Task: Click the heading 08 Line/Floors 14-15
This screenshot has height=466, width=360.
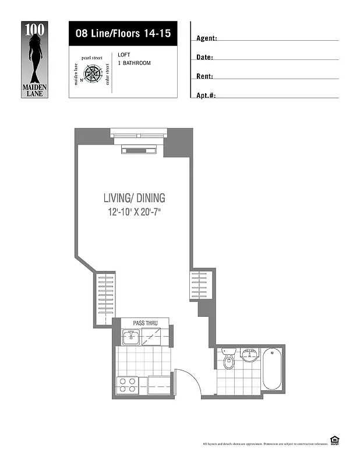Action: [x=122, y=34]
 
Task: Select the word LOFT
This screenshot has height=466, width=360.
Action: [x=124, y=55]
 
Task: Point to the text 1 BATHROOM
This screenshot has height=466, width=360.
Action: [x=134, y=63]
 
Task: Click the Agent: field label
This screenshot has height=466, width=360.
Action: [x=207, y=38]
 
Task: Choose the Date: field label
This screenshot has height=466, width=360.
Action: [x=204, y=58]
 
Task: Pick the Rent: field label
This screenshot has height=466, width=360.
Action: [x=204, y=76]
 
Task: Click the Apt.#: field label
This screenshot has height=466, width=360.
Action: [x=206, y=95]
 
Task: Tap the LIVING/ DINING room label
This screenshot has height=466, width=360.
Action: [x=134, y=198]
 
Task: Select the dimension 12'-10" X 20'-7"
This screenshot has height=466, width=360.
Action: [x=134, y=213]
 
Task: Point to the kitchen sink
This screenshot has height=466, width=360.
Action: [x=131, y=336]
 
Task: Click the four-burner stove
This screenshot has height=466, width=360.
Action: [x=128, y=385]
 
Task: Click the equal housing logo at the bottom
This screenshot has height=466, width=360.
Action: [x=335, y=440]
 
